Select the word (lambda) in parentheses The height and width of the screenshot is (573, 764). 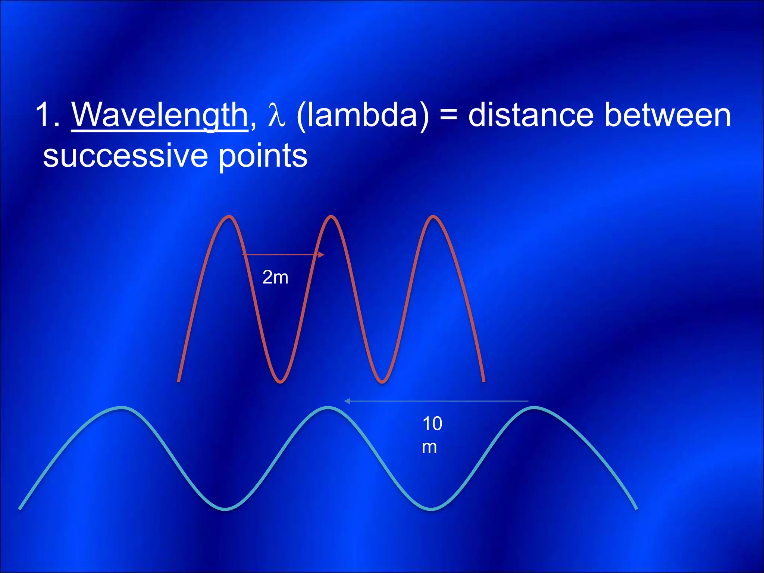363,116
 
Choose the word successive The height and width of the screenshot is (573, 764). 125,156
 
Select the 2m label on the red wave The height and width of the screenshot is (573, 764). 275,277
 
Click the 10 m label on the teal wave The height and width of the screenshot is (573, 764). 432,435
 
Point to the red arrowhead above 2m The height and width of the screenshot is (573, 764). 321,255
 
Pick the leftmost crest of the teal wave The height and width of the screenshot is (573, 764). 122,408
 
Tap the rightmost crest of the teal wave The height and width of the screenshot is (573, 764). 534,408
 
